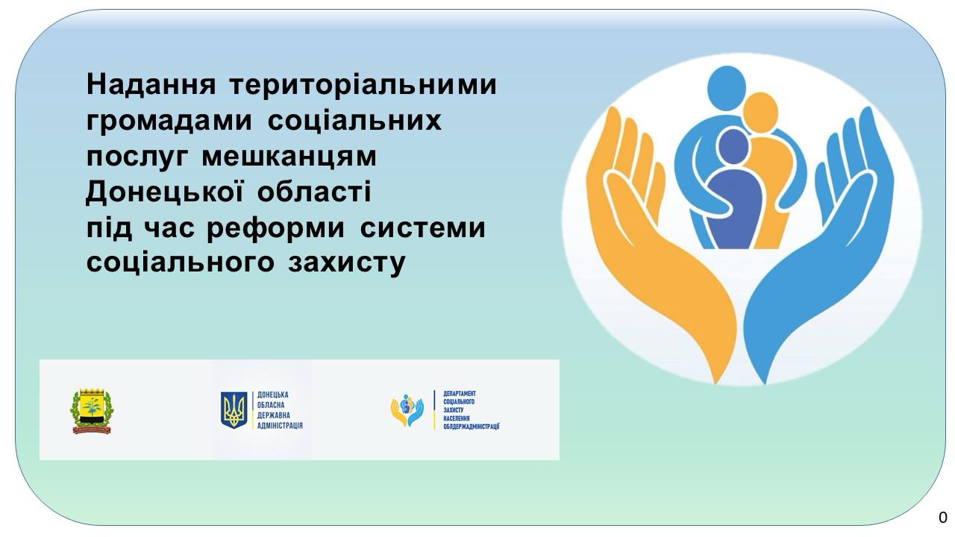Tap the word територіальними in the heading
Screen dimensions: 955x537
[363, 86]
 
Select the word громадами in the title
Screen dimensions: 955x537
[169, 122]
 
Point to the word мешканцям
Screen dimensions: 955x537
[289, 157]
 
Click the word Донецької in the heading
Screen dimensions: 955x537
[165, 192]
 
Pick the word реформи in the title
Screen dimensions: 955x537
[275, 229]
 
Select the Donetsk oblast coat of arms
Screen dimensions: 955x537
[92, 411]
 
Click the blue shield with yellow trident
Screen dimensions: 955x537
[234, 410]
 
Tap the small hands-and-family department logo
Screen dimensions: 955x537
[407, 410]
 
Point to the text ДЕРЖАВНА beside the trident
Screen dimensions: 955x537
[274, 415]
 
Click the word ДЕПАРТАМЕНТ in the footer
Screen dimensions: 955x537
[459, 394]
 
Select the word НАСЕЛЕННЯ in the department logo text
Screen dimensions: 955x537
[456, 418]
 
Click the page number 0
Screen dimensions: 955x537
[942, 517]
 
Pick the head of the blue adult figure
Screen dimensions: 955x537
[727, 88]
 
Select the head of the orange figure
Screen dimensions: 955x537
[760, 113]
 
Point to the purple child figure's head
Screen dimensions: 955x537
[733, 145]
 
